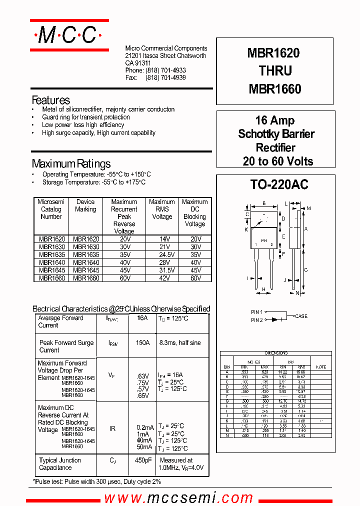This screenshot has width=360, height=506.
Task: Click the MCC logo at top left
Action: [x=69, y=35]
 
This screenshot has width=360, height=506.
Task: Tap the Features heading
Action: [x=51, y=100]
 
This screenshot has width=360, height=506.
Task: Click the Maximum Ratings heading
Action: [x=71, y=163]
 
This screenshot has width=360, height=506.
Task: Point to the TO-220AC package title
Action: [x=279, y=184]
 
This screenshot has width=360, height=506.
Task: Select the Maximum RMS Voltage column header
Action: [x=161, y=209]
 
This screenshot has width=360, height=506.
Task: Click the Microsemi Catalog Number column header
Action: [x=51, y=209]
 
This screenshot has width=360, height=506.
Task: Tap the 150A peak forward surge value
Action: [x=142, y=343]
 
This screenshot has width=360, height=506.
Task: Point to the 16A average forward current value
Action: [x=142, y=318]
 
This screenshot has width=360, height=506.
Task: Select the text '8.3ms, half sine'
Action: [x=180, y=343]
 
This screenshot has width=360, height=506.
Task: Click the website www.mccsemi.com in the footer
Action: [x=178, y=497]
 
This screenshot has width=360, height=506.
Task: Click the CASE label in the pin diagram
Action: [x=301, y=316]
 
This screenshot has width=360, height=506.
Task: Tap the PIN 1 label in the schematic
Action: [x=256, y=312]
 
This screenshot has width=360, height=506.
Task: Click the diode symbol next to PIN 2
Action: [x=274, y=319]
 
